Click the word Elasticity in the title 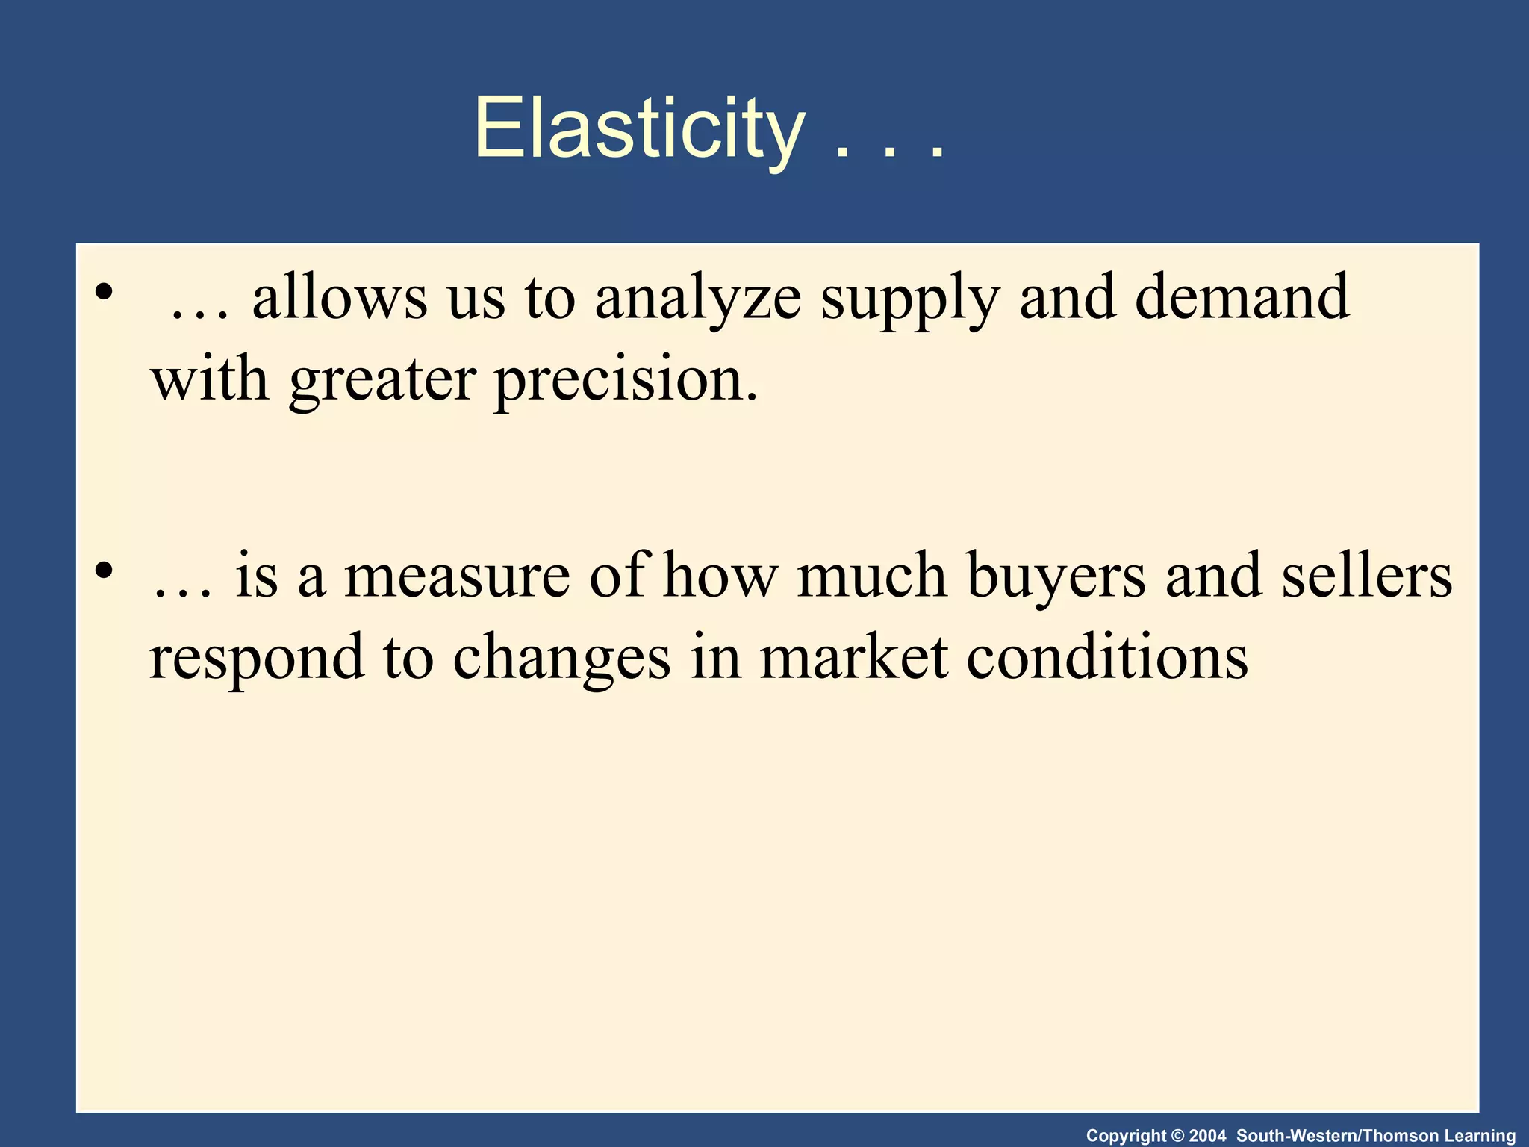[x=639, y=128]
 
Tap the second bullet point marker [x=104, y=571]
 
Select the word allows [x=340, y=297]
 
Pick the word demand [x=1242, y=297]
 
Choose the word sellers [x=1367, y=576]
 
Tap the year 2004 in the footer [x=1207, y=1136]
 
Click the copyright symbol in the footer [x=1179, y=1136]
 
